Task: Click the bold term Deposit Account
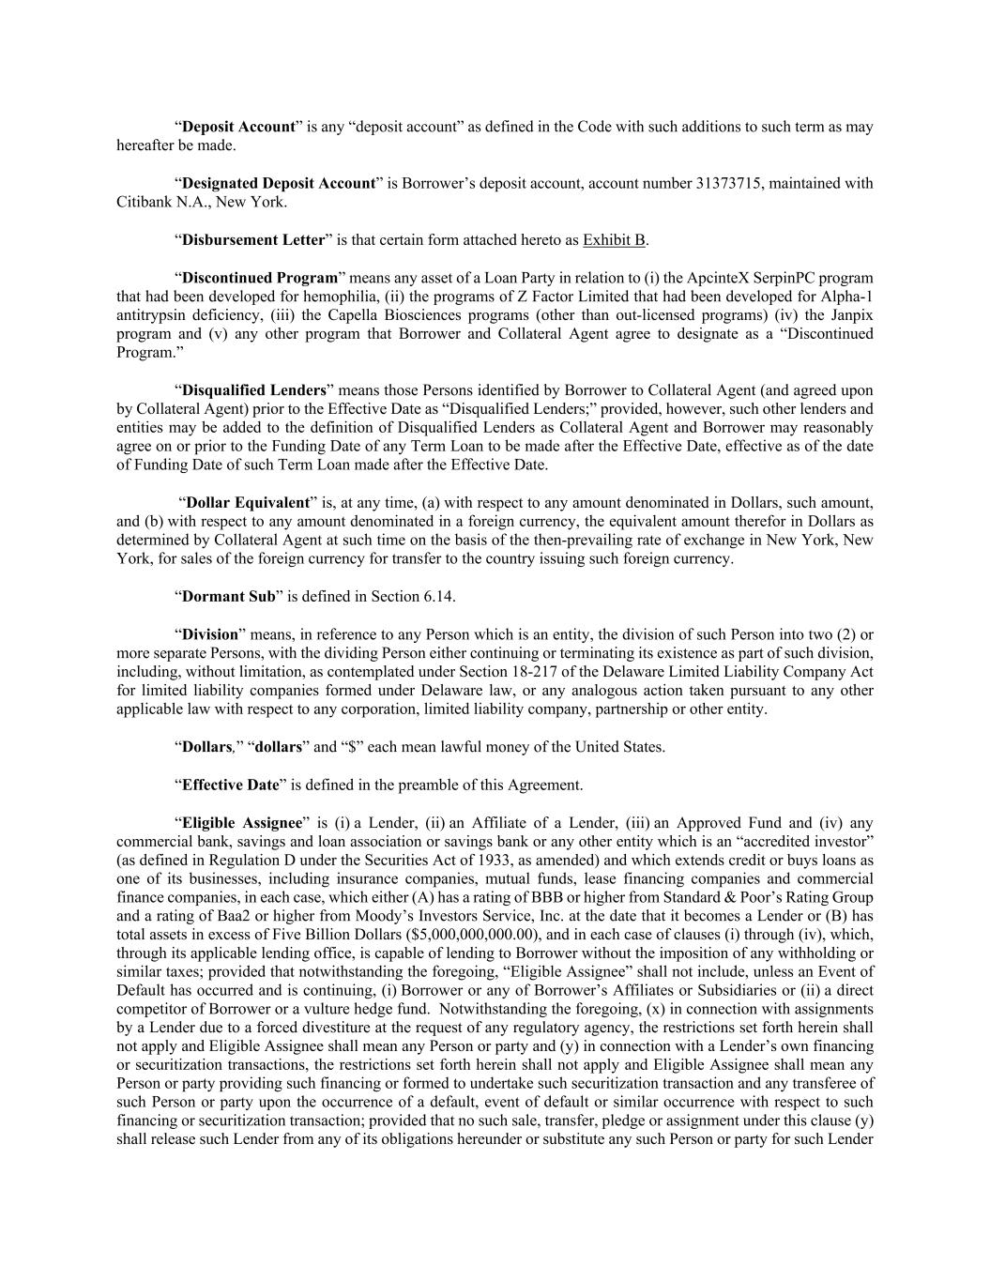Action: (238, 127)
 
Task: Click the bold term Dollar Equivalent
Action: (247, 503)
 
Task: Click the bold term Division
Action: (209, 634)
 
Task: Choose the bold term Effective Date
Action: (230, 785)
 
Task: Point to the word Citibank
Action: (144, 202)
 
